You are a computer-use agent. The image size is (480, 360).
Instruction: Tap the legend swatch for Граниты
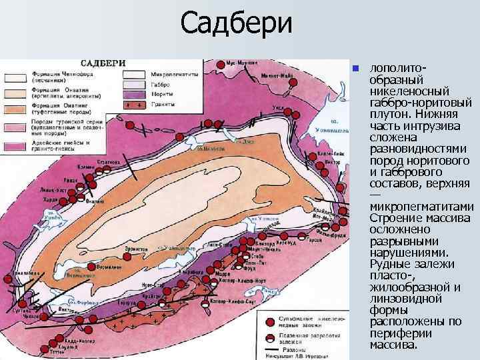tap(133, 105)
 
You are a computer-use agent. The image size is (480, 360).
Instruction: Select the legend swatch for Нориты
tap(133, 95)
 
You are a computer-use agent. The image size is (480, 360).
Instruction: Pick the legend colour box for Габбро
tap(133, 85)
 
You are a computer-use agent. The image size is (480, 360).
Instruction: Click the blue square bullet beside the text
tap(356, 68)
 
